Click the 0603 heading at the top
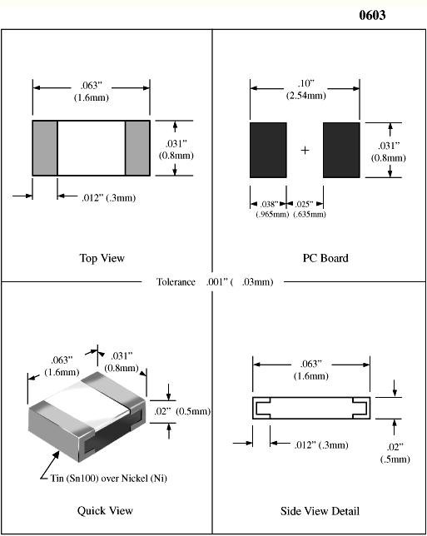point(372,15)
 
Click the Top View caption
point(102,258)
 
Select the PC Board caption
point(325,258)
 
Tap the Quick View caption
point(105,511)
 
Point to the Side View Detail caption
point(320,511)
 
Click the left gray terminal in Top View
point(45,148)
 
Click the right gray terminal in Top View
point(137,148)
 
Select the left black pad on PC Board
point(268,150)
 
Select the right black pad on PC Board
point(341,150)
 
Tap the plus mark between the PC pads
point(305,150)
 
